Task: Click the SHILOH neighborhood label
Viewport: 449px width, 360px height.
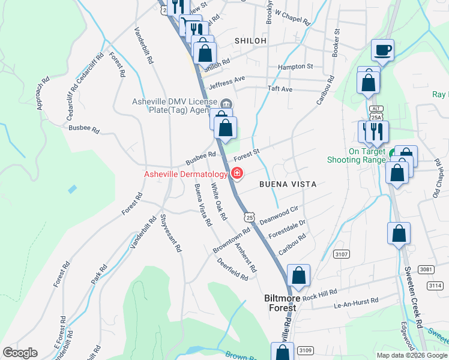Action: (250, 40)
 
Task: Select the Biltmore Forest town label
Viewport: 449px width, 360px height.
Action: (280, 302)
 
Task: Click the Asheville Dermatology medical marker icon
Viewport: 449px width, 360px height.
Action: (237, 174)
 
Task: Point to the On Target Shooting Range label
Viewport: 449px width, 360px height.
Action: (356, 156)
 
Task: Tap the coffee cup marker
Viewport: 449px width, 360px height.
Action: (382, 50)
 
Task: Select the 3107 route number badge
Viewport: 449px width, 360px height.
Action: (342, 254)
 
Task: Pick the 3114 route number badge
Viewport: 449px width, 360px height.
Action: (435, 286)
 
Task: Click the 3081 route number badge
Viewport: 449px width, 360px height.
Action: (427, 269)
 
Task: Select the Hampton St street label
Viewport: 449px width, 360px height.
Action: (295, 67)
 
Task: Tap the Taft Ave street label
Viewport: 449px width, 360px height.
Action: (280, 89)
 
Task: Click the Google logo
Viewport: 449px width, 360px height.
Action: (20, 353)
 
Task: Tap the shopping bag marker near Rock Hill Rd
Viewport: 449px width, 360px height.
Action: (298, 276)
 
